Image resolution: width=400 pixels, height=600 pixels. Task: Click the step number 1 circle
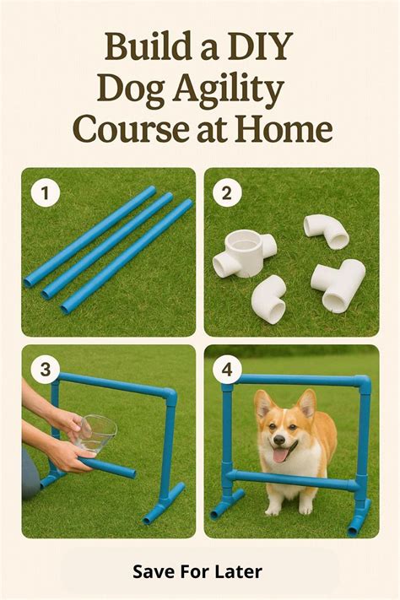pyautogui.click(x=46, y=193)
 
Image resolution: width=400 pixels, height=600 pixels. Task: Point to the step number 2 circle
pyautogui.click(x=227, y=193)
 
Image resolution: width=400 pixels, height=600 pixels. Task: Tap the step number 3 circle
pyautogui.click(x=46, y=370)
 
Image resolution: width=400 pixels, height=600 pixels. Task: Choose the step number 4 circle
pyautogui.click(x=227, y=370)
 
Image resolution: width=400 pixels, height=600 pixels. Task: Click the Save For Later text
pyautogui.click(x=197, y=571)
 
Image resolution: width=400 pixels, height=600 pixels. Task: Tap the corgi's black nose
pyautogui.click(x=279, y=440)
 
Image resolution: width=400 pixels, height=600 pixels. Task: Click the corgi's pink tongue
pyautogui.click(x=281, y=455)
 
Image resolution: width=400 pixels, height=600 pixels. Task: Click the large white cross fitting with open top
pyautogui.click(x=244, y=253)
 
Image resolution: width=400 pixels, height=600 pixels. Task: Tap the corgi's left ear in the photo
pyautogui.click(x=264, y=403)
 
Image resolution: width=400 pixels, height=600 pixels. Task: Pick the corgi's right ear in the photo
pyautogui.click(x=307, y=403)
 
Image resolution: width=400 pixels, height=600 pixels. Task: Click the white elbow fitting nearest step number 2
pyautogui.click(x=327, y=230)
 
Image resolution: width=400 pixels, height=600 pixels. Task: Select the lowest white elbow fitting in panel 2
pyautogui.click(x=269, y=299)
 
